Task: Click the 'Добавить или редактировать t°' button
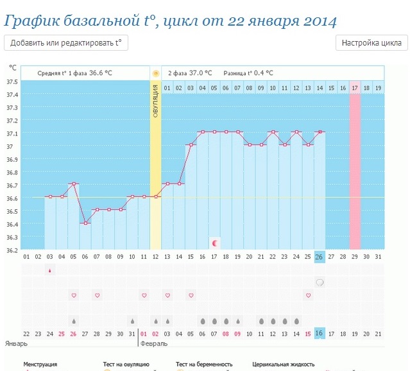coord(65,43)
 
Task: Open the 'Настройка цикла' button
coord(372,43)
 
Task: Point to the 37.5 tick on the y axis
coord(12,82)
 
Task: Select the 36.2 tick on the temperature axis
coord(12,250)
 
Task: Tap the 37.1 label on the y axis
coord(12,134)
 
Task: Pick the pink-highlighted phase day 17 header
coord(354,87)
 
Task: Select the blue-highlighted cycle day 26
coord(319,257)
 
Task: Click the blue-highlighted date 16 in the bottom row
coord(319,334)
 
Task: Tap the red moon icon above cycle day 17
coord(215,243)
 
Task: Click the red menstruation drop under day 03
coord(50,270)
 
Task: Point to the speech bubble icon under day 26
coord(319,282)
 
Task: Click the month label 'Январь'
coord(16,343)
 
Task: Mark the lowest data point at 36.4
coord(85,223)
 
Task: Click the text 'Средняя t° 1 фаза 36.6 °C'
coord(74,73)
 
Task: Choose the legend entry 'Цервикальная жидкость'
coord(283,365)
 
